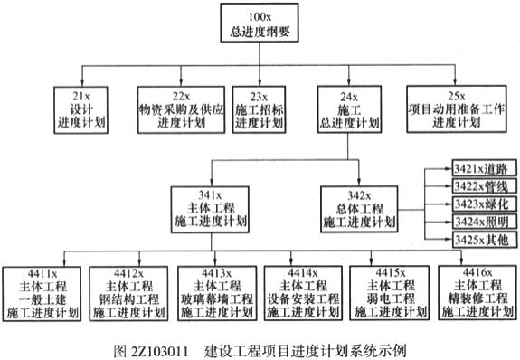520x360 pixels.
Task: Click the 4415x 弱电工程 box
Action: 389,294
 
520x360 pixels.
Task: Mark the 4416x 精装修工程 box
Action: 477,294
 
